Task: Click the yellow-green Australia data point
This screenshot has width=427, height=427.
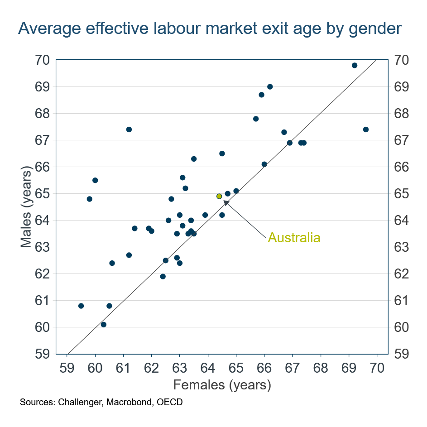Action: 219,196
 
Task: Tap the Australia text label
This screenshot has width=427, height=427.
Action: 294,238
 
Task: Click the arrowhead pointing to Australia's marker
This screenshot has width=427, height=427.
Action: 226,203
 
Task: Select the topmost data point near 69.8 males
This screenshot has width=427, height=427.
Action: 355,65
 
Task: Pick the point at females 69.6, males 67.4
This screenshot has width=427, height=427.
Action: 366,130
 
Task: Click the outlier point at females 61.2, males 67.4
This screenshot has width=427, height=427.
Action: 129,130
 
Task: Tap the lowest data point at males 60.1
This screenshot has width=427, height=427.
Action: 103,325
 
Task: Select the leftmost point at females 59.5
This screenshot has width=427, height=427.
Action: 81,306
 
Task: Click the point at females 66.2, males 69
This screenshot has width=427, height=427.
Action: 270,86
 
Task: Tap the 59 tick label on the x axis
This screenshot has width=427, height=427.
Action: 67,367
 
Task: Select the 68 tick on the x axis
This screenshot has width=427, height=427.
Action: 321,367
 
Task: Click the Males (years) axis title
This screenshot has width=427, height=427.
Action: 27,207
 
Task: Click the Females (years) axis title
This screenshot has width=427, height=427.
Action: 222,385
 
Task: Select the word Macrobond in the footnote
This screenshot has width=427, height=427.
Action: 129,402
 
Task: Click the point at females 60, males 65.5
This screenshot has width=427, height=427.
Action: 95,180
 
